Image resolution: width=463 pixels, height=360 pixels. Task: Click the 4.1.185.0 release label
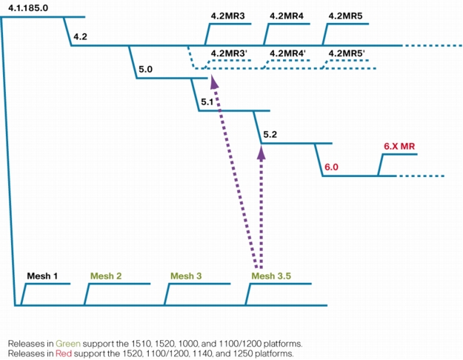click(28, 8)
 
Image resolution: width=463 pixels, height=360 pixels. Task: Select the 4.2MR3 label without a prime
click(227, 16)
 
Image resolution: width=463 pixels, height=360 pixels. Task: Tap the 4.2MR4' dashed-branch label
click(288, 53)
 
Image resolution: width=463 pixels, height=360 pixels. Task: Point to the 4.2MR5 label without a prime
click(345, 16)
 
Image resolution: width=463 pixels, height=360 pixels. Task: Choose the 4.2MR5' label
click(347, 53)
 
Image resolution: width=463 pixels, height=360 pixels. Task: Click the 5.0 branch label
click(146, 70)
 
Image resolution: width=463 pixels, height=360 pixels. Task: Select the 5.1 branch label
click(207, 102)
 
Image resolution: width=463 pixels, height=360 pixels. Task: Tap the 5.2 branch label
click(270, 135)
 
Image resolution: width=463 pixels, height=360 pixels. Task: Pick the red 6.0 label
click(331, 167)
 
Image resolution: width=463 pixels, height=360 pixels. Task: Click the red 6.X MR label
click(399, 146)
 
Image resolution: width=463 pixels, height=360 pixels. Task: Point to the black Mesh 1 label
click(42, 276)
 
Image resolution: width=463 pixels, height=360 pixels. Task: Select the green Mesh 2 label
click(106, 276)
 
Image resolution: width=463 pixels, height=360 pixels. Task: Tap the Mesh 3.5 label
click(271, 276)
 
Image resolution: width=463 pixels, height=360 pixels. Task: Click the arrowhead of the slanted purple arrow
click(214, 81)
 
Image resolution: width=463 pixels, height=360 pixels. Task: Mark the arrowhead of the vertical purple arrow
click(262, 153)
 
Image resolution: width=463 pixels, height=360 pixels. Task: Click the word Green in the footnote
click(68, 344)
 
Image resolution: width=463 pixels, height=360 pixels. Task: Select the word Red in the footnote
click(64, 353)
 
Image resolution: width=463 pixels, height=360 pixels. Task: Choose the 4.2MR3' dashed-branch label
click(229, 53)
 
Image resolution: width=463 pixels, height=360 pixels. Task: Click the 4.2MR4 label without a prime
click(287, 16)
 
